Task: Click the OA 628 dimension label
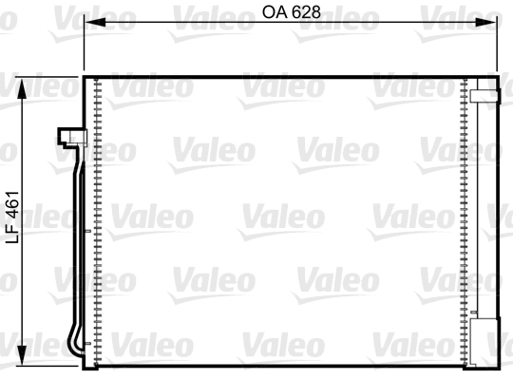pos(290,13)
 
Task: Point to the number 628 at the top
pos(303,13)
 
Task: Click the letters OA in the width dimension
pos(273,13)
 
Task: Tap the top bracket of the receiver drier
pos(485,94)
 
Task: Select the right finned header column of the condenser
pos(462,218)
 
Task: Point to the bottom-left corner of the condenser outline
pos(86,366)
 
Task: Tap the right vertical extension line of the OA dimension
pos(497,47)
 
